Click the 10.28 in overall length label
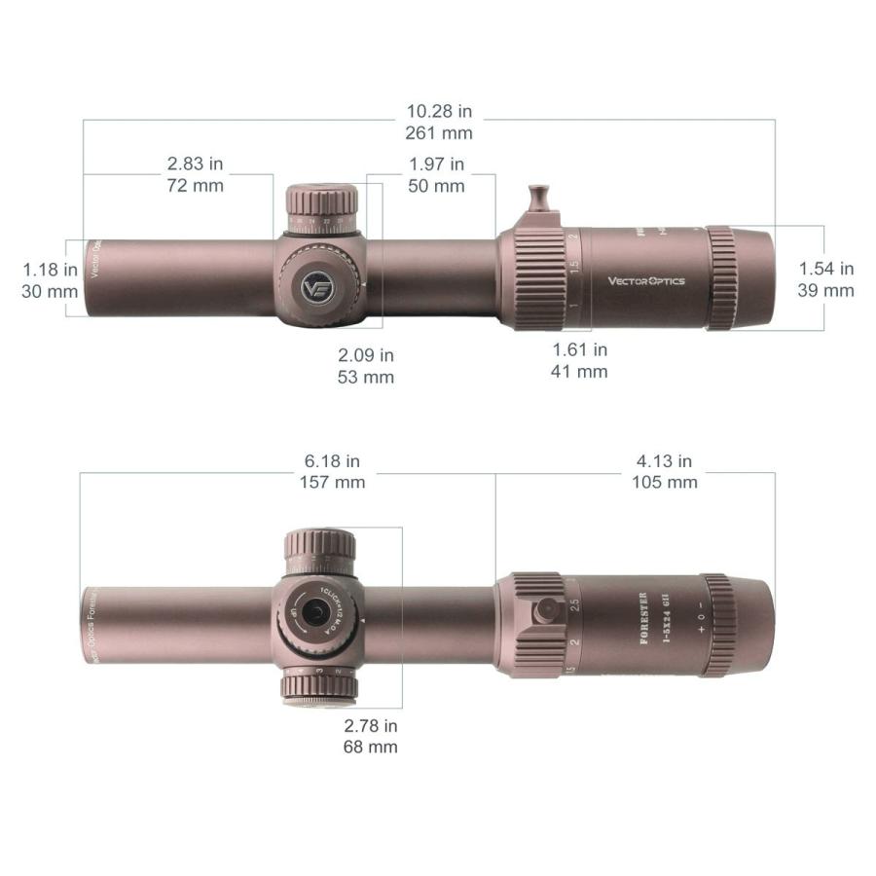point(437,112)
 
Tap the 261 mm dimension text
point(437,133)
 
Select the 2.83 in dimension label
point(195,164)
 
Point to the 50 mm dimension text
point(436,186)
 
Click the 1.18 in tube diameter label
point(49,269)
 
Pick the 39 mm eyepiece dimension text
point(826,290)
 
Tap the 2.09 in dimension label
point(366,355)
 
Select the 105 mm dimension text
point(665,482)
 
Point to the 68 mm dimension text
point(370,748)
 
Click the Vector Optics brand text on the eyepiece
point(646,281)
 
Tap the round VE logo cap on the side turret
point(317,287)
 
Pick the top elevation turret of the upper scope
point(321,202)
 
